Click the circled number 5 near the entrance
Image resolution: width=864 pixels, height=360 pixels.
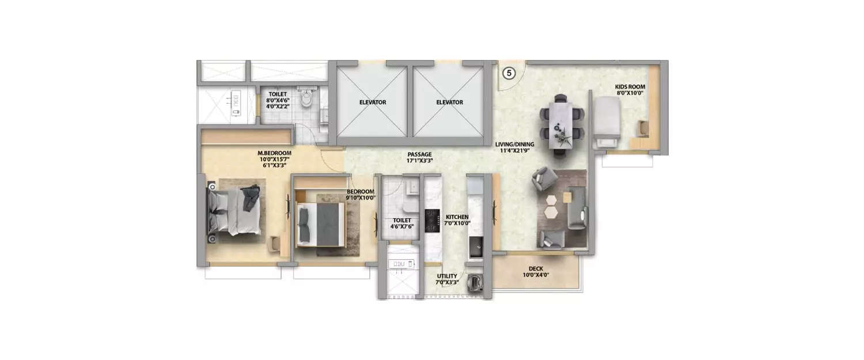pos(510,73)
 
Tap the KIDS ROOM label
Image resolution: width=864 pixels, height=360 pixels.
pos(629,88)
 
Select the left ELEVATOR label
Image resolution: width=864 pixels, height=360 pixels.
pos(372,102)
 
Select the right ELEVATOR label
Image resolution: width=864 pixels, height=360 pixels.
pos(449,102)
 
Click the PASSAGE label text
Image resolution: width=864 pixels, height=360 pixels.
pos(419,154)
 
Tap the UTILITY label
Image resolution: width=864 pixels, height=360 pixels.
pos(447,276)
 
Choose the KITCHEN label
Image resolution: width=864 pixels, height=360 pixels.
pos(457,217)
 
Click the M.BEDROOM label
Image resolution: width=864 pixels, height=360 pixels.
pos(274,153)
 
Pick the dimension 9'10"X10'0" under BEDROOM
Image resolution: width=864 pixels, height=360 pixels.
pos(360,198)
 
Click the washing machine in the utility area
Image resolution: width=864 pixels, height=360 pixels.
pos(476,282)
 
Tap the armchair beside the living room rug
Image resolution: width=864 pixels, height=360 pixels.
pos(543,180)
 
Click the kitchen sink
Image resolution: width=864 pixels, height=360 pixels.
pos(476,248)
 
